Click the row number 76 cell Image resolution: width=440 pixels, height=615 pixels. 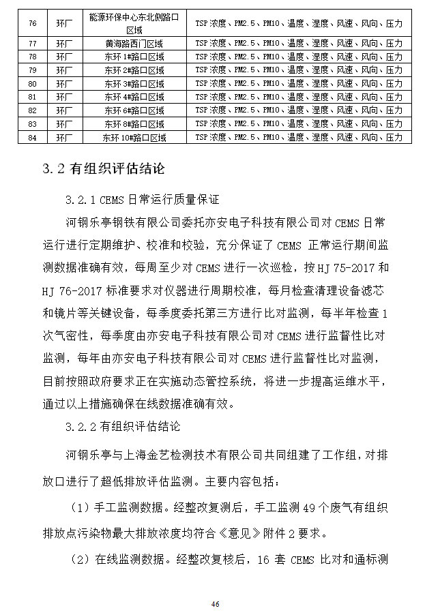coord(32,23)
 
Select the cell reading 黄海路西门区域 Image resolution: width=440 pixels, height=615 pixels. coord(134,42)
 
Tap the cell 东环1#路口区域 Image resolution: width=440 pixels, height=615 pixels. coord(134,56)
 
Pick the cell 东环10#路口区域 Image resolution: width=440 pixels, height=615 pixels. coord(134,137)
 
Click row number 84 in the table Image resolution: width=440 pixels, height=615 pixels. coord(32,137)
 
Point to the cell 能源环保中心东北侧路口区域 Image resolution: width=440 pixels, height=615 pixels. coord(134,23)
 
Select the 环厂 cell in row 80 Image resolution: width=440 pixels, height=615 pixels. coord(63,83)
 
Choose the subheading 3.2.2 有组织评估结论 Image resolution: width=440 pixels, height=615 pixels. coord(123,427)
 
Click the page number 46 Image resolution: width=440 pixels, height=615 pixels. coord(215,604)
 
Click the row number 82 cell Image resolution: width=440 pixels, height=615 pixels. coord(32,110)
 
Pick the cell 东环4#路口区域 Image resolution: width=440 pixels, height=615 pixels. coord(134,97)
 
